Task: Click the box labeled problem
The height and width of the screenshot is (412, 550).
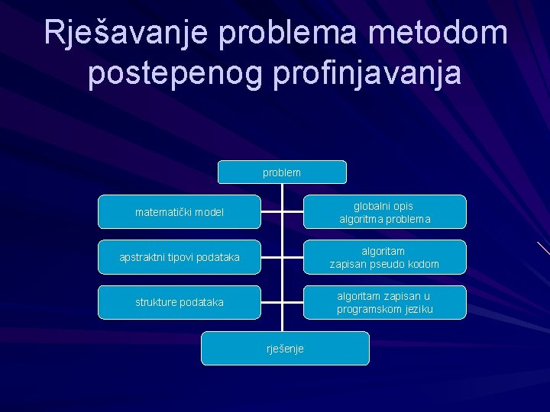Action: pyautogui.click(x=282, y=172)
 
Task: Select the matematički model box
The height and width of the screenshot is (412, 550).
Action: pyautogui.click(x=180, y=212)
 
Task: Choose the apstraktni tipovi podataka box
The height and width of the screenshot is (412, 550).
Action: pyautogui.click(x=180, y=257)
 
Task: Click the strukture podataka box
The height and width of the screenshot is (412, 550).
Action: pyautogui.click(x=180, y=302)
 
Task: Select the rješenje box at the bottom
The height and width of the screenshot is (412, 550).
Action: pyautogui.click(x=285, y=348)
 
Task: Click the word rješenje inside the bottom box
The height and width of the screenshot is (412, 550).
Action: pyautogui.click(x=285, y=349)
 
